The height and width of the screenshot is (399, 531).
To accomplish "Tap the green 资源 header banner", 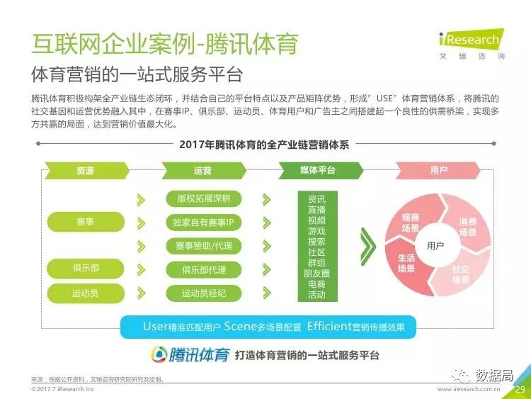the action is [86, 170].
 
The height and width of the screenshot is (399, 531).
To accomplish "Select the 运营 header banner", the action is [204, 170].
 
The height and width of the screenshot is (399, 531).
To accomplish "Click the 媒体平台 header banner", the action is [320, 170].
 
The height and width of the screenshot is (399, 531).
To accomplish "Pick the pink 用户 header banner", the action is [438, 170].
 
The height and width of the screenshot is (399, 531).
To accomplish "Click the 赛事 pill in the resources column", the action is [86, 222].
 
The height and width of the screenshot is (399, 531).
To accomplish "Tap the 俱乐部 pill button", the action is [86, 268].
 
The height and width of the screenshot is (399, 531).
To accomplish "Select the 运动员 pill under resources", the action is [86, 293].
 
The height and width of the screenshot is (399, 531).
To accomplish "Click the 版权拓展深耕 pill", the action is [203, 198].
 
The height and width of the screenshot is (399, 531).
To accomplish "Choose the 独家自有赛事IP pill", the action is [203, 223].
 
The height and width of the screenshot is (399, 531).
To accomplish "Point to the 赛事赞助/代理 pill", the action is [203, 246].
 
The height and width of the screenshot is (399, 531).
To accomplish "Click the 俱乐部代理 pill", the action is [203, 270].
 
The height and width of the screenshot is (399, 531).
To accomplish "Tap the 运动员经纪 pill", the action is [203, 293].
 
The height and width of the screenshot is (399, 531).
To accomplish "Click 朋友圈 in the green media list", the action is [317, 274].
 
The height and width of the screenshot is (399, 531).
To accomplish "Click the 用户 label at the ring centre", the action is [435, 245].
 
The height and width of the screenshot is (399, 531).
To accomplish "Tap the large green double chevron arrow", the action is [367, 247].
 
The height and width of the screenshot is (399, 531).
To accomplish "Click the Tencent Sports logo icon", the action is [159, 354].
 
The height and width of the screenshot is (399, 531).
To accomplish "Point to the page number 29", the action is [520, 389].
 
